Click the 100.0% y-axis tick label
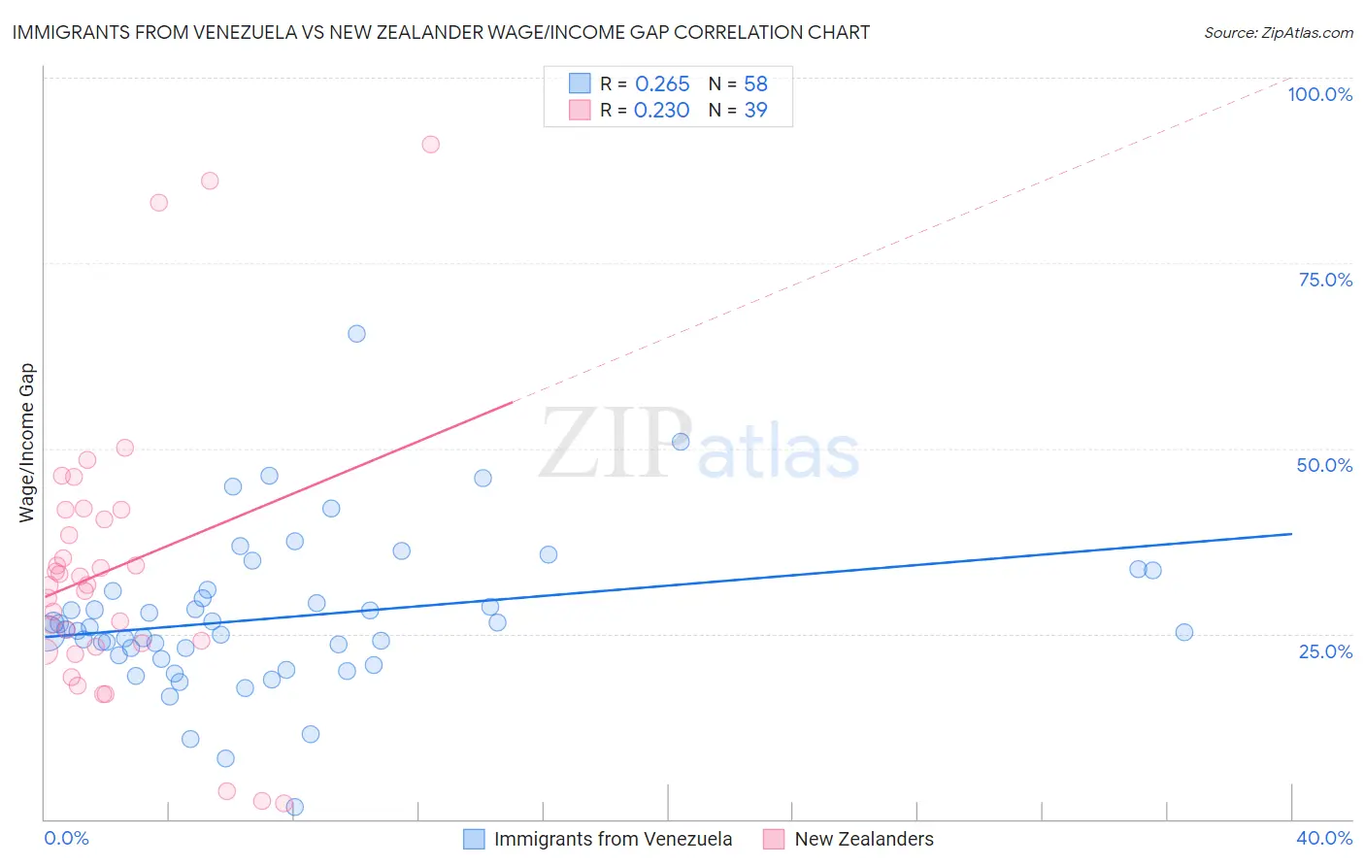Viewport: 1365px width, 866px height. [x=1319, y=94]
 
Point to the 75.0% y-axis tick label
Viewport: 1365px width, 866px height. [x=1325, y=280]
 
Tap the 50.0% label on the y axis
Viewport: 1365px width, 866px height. [x=1324, y=465]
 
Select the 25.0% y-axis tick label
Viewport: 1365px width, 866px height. [x=1325, y=650]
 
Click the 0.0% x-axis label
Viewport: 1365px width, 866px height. [x=66, y=838]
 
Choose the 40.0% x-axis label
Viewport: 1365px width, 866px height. [x=1323, y=838]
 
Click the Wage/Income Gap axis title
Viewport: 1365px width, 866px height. [x=27, y=443]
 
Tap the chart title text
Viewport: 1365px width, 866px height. [x=441, y=32]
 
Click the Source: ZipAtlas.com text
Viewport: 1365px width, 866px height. [x=1278, y=32]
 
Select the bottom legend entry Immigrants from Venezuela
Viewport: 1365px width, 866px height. [x=613, y=839]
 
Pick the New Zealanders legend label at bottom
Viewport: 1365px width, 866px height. [x=863, y=839]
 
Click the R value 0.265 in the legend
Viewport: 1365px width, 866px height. [x=662, y=83]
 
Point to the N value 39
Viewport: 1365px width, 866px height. [x=755, y=110]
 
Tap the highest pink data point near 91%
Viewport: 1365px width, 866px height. [x=430, y=145]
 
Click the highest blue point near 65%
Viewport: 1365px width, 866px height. [x=356, y=334]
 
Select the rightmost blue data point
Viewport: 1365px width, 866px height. [x=1183, y=632]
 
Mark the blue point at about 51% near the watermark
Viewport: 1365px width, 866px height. [x=681, y=442]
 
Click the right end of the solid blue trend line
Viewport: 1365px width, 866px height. [x=1291, y=534]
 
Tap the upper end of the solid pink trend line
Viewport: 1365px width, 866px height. [x=512, y=401]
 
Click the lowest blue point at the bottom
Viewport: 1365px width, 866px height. [x=295, y=807]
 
